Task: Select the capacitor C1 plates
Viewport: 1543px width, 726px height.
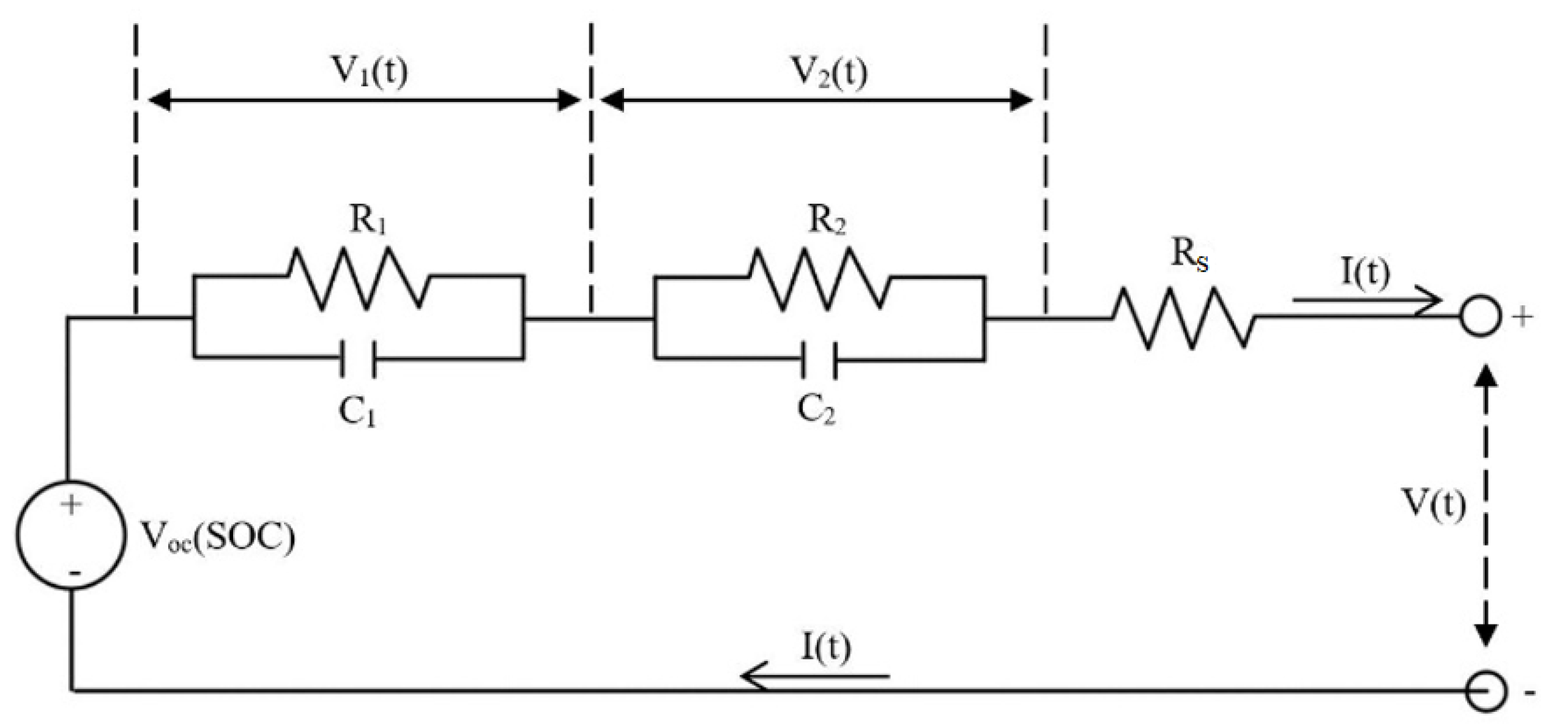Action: coord(358,359)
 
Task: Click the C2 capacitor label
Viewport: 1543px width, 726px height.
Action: coord(816,410)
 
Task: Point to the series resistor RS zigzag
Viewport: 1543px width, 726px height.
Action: coord(1183,319)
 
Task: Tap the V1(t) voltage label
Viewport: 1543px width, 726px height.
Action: coord(369,72)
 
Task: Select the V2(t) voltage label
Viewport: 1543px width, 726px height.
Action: coord(830,72)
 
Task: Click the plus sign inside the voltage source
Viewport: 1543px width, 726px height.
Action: coord(72,505)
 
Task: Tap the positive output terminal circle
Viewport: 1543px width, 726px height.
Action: coord(1481,317)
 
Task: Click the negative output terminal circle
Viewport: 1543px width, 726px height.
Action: coord(1485,692)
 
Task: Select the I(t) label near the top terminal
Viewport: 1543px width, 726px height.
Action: coord(1365,272)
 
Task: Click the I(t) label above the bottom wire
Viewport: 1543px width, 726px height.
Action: coord(825,648)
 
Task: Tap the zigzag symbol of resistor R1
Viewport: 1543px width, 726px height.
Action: coord(358,278)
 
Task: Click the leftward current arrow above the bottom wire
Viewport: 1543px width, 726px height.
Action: coord(814,676)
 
